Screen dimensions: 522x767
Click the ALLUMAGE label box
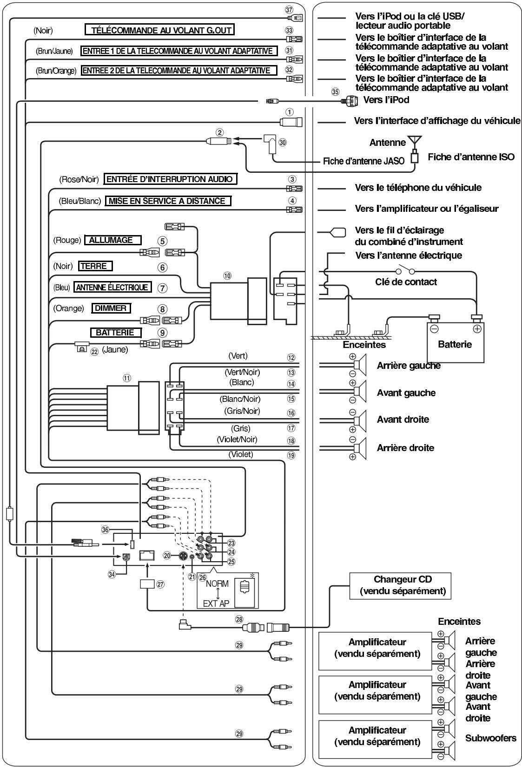coord(112,240)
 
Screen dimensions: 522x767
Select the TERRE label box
coord(95,266)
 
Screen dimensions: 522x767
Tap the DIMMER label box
coord(111,308)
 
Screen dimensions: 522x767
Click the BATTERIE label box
coord(116,333)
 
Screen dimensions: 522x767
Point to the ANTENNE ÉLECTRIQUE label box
coord(112,287)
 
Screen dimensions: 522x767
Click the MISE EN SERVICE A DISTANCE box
coord(168,201)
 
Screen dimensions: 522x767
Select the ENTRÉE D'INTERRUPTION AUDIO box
coord(170,179)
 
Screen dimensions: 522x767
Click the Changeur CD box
coord(400,586)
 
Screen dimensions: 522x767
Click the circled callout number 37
coord(289,10)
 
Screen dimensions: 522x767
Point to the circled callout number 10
coord(227,275)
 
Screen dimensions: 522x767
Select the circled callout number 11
coord(127,378)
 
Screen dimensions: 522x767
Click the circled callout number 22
coord(94,352)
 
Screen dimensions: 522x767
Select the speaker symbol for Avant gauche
coord(360,391)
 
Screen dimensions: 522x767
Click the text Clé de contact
coord(406,282)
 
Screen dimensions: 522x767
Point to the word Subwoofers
coord(490,738)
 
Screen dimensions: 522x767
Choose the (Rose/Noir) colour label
coord(79,179)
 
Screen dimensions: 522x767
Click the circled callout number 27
coord(160,584)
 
